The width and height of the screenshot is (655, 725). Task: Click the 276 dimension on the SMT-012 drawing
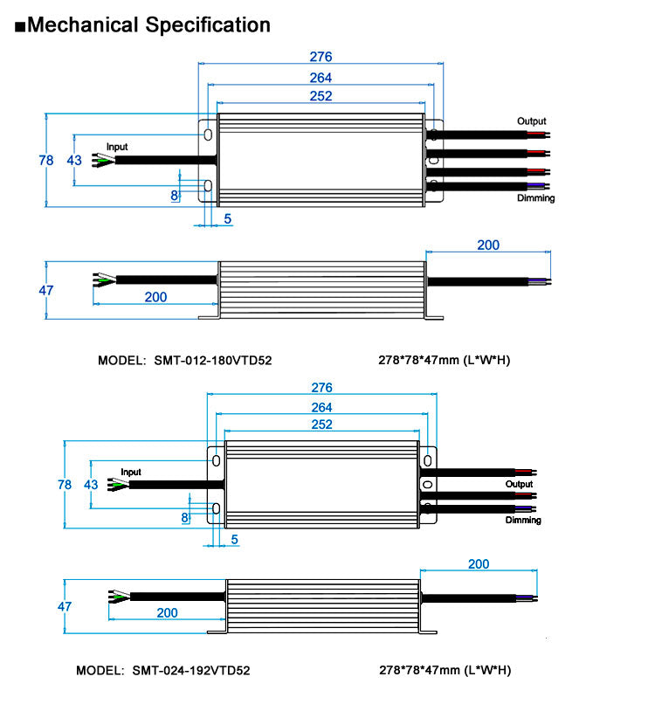tap(321, 57)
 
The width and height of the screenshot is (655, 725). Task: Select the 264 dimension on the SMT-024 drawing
tap(321, 407)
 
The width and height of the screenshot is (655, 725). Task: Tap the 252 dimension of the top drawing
tap(321, 96)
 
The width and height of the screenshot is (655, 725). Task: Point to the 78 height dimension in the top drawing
tap(46, 160)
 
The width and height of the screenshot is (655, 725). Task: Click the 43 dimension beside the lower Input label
tap(91, 484)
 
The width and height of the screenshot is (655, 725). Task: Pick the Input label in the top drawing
tap(117, 147)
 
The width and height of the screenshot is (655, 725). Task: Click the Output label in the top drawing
tap(531, 121)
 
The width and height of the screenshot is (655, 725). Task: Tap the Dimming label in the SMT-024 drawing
tap(523, 520)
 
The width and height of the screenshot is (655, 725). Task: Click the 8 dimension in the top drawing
tap(175, 195)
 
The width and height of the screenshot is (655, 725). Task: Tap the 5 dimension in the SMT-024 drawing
tap(234, 539)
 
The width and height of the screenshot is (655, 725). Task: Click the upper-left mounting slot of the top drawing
tap(208, 135)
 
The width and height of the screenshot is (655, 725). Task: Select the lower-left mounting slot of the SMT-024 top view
tap(216, 507)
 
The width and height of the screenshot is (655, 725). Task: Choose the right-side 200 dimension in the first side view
tap(488, 245)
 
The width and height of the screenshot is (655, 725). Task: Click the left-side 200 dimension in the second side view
tap(167, 612)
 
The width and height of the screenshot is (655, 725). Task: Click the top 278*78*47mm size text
tap(444, 360)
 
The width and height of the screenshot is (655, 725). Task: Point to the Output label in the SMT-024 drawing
tap(519, 484)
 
